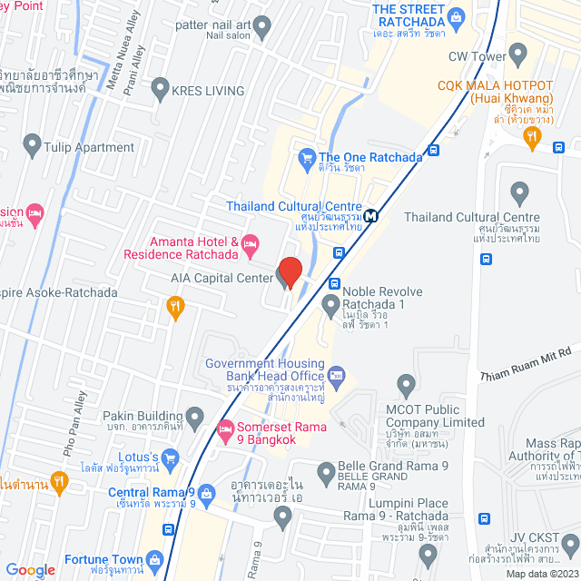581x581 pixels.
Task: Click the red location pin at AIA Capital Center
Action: tap(289, 272)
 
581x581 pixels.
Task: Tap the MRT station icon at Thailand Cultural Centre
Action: tap(371, 216)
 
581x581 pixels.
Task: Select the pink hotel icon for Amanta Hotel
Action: tap(251, 242)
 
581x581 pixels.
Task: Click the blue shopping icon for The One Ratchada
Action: tap(306, 156)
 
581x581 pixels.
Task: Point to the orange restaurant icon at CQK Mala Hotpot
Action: tap(533, 137)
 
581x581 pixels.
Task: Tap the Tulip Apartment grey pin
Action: tap(33, 144)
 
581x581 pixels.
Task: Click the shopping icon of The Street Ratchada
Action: tap(455, 15)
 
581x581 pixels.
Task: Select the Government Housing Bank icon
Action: tap(337, 372)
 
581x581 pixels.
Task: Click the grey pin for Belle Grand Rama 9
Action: tap(326, 471)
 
